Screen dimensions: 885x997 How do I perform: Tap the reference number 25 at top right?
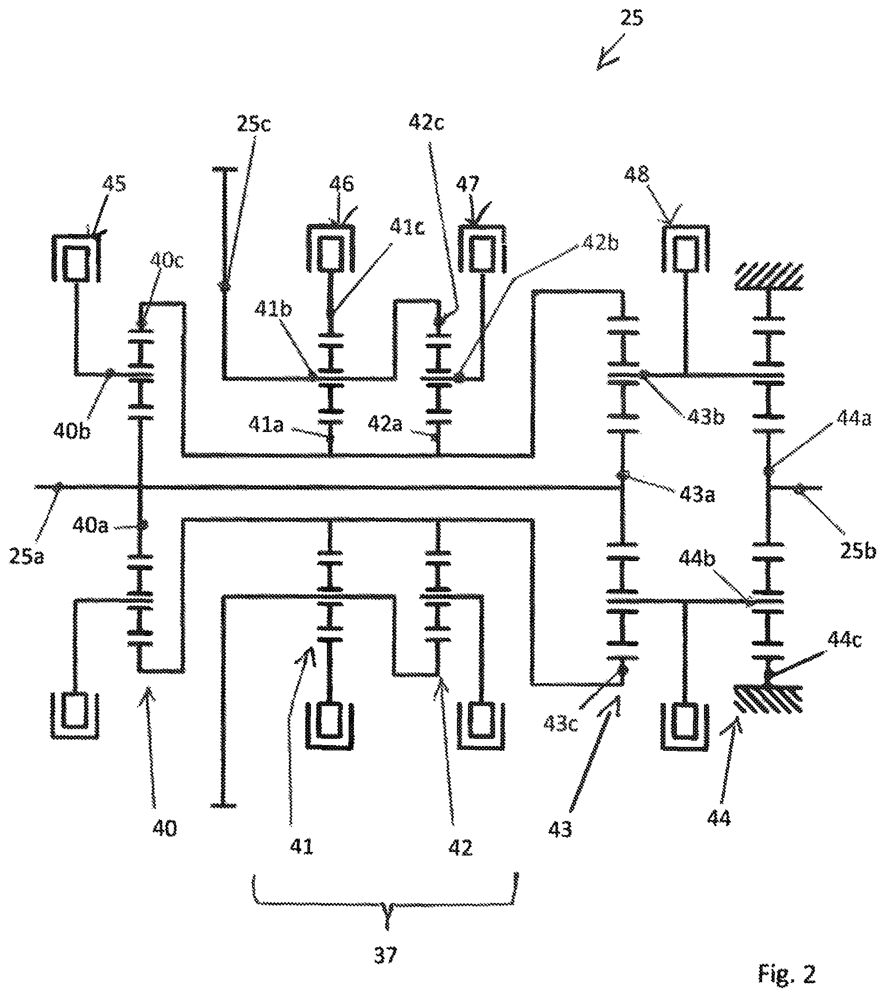[631, 18]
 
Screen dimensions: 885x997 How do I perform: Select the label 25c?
[254, 124]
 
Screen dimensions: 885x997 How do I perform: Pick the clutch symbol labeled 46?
[330, 248]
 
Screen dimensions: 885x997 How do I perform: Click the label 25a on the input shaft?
[26, 556]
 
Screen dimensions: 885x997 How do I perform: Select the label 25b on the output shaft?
[857, 551]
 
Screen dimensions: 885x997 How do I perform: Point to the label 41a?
[266, 425]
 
